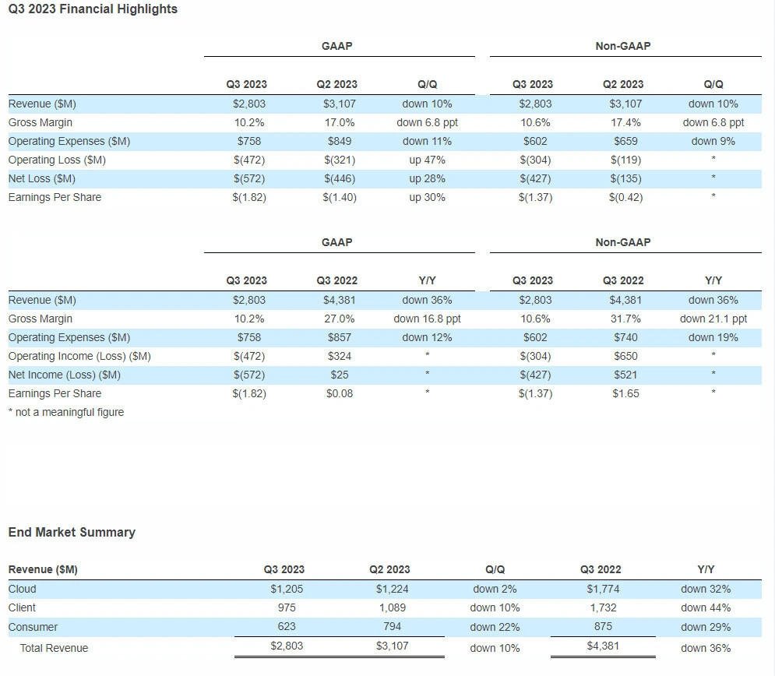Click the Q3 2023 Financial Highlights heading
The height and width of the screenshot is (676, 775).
click(x=93, y=9)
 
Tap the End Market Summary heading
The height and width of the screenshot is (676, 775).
click(x=72, y=532)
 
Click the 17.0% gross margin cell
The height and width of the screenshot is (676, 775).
click(x=339, y=122)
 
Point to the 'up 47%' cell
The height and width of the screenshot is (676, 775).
click(x=427, y=160)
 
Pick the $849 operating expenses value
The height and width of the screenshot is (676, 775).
click(x=339, y=141)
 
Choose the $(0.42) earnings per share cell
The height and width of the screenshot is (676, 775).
click(x=625, y=198)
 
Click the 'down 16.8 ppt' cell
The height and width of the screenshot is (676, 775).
click(x=427, y=319)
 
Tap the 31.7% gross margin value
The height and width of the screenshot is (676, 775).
click(x=625, y=319)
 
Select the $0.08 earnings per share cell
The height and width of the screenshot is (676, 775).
click(x=339, y=394)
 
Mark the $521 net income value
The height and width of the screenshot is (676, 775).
click(x=625, y=375)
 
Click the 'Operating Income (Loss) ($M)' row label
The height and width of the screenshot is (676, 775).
click(x=79, y=356)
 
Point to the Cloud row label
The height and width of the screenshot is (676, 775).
click(x=23, y=589)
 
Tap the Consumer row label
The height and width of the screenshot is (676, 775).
click(x=33, y=627)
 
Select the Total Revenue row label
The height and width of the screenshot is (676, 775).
click(x=54, y=648)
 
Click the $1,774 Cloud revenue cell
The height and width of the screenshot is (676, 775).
click(x=603, y=589)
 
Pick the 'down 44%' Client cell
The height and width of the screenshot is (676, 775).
click(x=706, y=607)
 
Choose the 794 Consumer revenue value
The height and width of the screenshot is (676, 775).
click(x=392, y=627)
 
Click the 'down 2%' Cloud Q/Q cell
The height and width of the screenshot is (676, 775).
click(x=495, y=589)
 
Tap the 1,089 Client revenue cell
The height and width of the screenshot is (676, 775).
click(x=392, y=607)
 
